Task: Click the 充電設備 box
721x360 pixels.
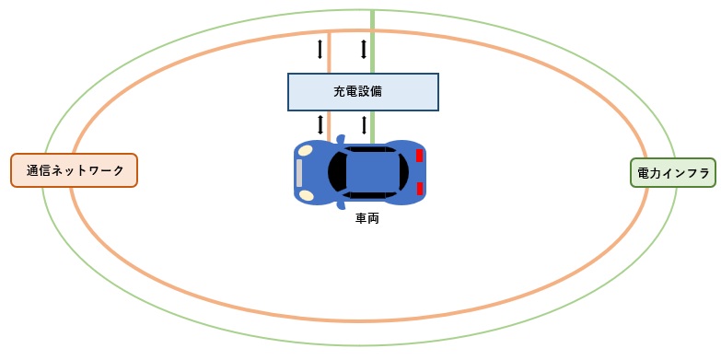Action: (x=363, y=91)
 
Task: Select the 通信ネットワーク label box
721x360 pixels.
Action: (x=74, y=170)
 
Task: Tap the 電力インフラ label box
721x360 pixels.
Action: (x=672, y=171)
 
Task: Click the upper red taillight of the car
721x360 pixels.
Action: (x=419, y=155)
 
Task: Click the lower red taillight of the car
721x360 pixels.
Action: (x=419, y=189)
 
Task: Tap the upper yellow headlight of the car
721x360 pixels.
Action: (x=305, y=150)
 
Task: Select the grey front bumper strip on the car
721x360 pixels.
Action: (x=299, y=172)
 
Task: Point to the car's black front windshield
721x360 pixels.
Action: (x=337, y=171)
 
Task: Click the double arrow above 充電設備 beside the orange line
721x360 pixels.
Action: (x=320, y=48)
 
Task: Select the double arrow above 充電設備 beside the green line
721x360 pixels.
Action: (x=364, y=48)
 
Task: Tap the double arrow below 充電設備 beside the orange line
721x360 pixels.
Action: (x=320, y=124)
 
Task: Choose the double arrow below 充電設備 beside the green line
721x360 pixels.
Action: (x=364, y=124)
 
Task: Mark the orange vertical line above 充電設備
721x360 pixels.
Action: (x=330, y=52)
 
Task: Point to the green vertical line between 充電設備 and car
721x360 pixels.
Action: (x=372, y=126)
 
